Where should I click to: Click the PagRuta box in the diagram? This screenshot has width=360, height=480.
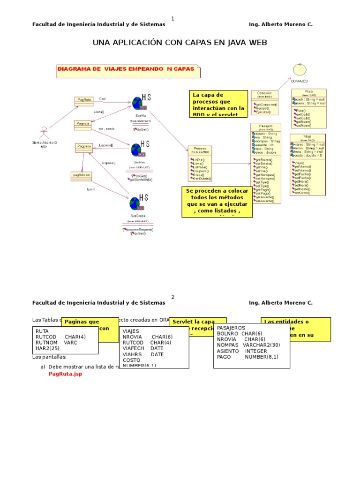click(x=84, y=100)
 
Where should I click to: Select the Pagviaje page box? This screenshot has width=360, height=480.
click(x=82, y=124)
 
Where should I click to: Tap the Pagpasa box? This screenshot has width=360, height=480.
click(x=84, y=147)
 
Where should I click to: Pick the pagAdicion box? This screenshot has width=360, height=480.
click(x=81, y=175)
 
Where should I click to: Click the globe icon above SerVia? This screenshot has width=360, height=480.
click(x=137, y=103)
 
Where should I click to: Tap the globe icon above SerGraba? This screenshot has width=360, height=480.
click(x=135, y=204)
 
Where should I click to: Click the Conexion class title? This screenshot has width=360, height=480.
click(x=264, y=93)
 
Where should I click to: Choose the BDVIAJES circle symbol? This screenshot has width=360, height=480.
click(x=299, y=70)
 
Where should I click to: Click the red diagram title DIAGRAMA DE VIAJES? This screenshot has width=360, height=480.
click(x=125, y=69)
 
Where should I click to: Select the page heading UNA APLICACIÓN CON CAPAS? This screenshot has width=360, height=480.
click(x=180, y=43)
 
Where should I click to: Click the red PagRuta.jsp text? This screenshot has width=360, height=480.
click(x=65, y=374)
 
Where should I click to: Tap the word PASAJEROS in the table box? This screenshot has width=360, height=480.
click(x=231, y=328)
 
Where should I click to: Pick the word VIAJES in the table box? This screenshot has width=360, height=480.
click(x=131, y=331)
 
